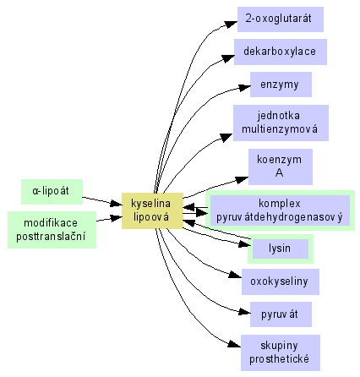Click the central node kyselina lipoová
point(152,210)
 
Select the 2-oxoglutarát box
point(281,19)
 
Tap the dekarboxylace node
point(281,52)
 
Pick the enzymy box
point(281,85)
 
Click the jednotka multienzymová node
point(281,123)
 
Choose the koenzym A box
point(281,167)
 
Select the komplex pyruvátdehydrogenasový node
point(280,210)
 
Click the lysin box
point(281,249)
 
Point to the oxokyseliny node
point(281,281)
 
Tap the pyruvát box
point(281,314)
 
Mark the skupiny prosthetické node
point(281,352)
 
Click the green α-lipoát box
point(52,192)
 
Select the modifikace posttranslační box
point(52,230)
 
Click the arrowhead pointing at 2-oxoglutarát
point(232,25)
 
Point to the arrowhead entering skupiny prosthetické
point(235,344)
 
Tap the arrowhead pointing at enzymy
point(244,87)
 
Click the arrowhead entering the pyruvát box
point(244,312)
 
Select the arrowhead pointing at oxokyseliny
point(236,275)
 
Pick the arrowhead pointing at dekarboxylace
point(228,58)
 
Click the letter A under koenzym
point(279,172)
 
